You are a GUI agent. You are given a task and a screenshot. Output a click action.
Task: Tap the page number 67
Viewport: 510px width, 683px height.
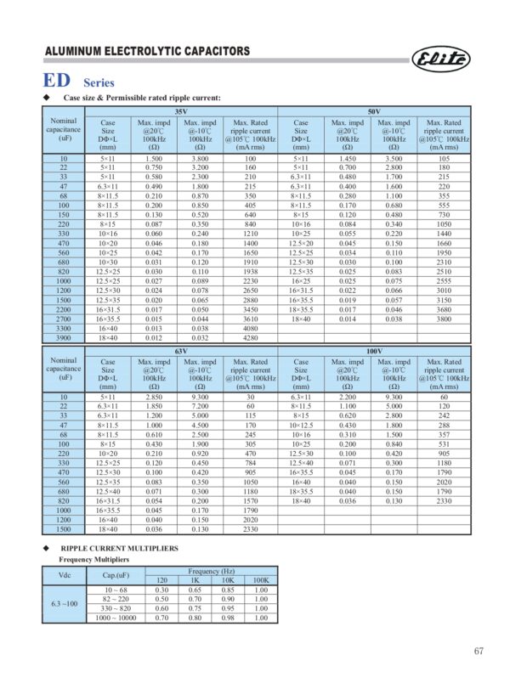pos(479,652)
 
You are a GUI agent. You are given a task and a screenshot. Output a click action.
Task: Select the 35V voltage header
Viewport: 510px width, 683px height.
pos(178,112)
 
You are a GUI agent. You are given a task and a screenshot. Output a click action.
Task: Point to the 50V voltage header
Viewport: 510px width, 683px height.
pos(372,112)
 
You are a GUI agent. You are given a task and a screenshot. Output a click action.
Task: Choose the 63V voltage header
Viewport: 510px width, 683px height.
pos(178,350)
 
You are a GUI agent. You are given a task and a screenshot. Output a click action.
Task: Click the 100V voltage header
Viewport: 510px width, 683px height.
pos(372,350)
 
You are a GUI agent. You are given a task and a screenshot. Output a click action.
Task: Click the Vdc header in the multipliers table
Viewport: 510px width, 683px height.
pos(63,576)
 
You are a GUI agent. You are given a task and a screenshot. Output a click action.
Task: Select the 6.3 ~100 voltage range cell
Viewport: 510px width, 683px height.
pos(63,603)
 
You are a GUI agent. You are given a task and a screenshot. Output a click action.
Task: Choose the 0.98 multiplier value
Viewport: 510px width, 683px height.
pos(227,618)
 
